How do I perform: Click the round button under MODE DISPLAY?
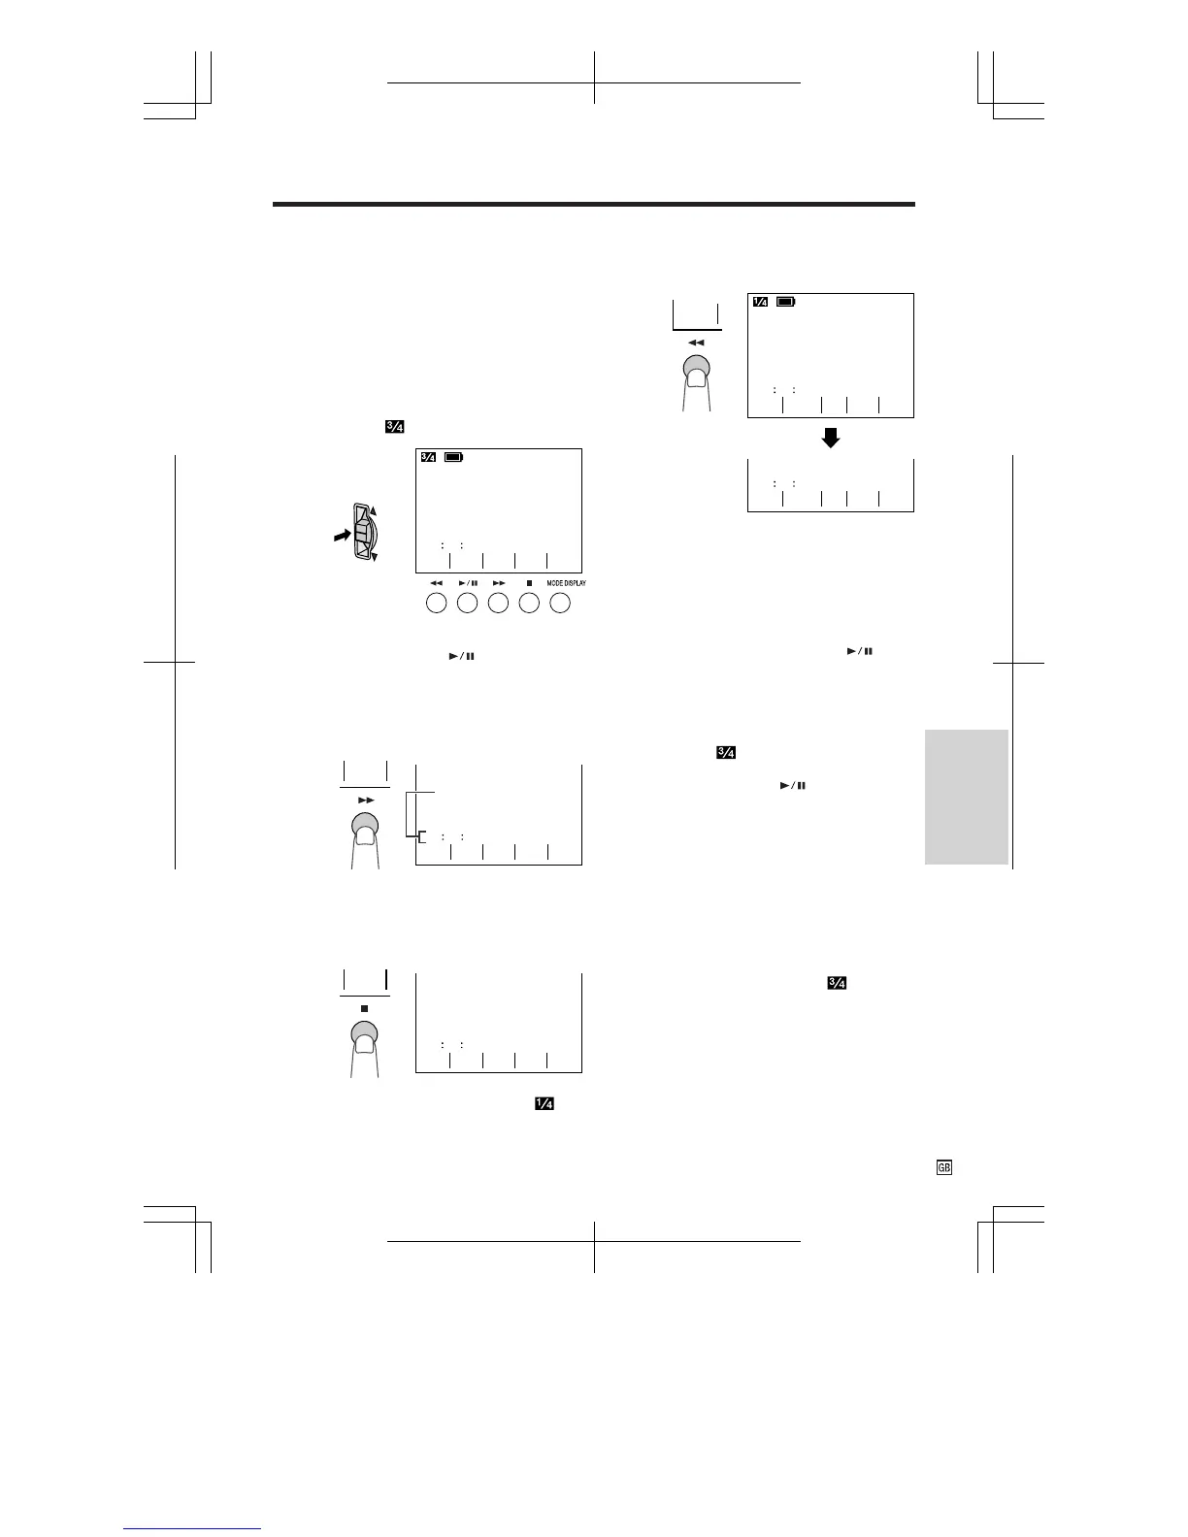560,603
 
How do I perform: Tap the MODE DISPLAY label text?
566,583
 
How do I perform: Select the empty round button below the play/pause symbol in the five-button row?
467,603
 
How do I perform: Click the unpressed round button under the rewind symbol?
436,603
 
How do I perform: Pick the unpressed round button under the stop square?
529,603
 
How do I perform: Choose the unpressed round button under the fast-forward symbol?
498,603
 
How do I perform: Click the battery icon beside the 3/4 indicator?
454,457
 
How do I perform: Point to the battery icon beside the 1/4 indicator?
786,302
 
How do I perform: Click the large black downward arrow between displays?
830,439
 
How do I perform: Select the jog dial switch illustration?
363,533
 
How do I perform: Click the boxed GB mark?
943,1168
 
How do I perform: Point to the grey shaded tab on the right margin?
967,797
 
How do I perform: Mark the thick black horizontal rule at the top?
594,205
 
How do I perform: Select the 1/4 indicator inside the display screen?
760,302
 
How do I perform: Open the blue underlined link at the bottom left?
193,1527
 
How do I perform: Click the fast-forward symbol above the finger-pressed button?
365,800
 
